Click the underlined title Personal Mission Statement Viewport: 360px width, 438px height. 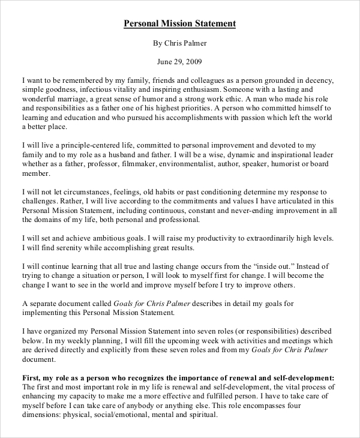[179, 23]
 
